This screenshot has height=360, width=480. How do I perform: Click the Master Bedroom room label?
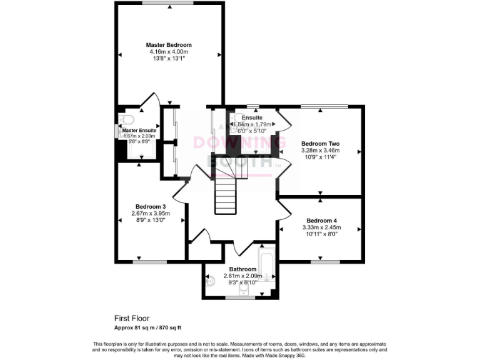click(x=169, y=45)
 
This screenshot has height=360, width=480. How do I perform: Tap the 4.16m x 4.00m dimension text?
click(x=169, y=52)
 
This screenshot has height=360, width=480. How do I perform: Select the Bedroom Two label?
click(x=320, y=143)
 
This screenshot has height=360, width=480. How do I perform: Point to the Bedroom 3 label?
click(x=151, y=207)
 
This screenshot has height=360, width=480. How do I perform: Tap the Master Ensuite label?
click(x=139, y=130)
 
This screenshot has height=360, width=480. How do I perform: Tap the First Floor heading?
click(x=131, y=318)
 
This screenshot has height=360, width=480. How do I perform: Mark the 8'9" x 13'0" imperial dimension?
click(x=151, y=221)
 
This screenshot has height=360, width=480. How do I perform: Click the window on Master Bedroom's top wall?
click(x=167, y=4)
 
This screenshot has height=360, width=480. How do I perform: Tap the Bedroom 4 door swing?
click(x=284, y=209)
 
